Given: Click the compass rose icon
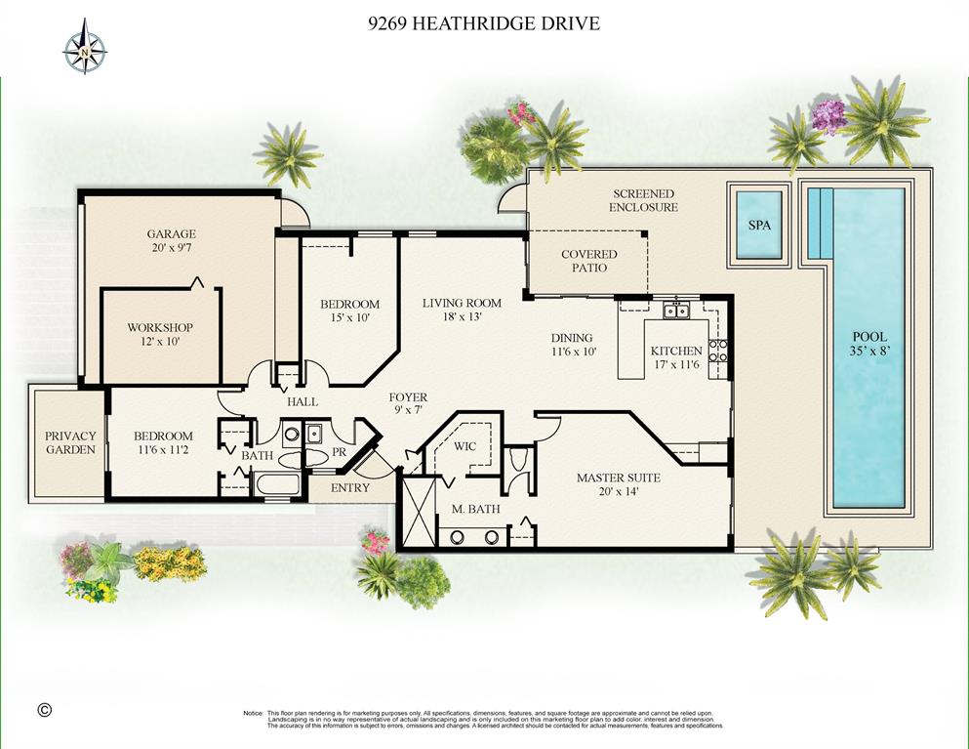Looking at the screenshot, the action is tap(85, 47).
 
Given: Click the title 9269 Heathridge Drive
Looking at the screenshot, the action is tap(484, 23).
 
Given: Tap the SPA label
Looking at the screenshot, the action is tap(759, 226).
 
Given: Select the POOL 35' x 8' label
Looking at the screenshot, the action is tap(869, 344).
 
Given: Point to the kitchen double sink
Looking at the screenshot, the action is tap(676, 310).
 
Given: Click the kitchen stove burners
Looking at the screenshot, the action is tap(717, 350).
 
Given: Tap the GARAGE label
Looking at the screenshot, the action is tap(171, 233).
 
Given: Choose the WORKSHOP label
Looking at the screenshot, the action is tap(160, 328).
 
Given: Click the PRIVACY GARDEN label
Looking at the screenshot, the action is tap(70, 442).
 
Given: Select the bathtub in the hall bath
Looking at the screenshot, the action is tap(277, 483).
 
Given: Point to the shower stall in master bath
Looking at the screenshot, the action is tap(419, 512).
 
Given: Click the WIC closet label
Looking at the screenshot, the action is tap(464, 446).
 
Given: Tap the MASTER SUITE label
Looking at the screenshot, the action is tap(619, 478).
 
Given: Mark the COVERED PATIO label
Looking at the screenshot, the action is tap(589, 261).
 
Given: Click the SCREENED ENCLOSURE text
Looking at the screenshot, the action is tap(643, 200).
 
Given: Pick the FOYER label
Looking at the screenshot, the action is tap(408, 397).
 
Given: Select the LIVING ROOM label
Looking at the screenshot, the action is tap(462, 303).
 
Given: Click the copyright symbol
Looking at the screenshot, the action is tap(45, 709).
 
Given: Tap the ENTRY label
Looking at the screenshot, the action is tap(349, 488).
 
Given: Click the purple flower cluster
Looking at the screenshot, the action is tap(828, 115).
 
